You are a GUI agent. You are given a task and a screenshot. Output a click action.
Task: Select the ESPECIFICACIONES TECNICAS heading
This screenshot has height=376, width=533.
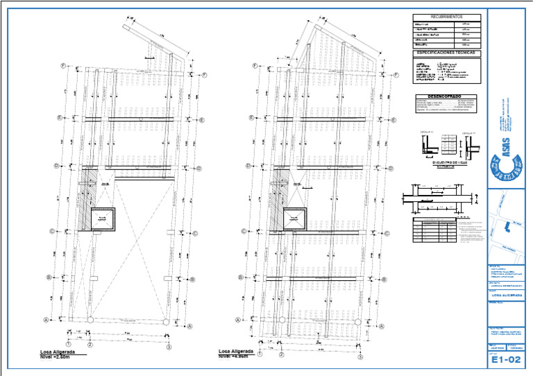(446, 53)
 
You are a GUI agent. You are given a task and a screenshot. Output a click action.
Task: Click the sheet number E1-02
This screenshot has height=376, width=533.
(505, 359)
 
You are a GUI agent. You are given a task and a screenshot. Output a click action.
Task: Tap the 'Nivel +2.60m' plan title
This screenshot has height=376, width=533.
(58, 358)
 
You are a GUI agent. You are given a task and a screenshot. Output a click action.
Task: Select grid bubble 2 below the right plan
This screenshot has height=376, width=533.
(281, 354)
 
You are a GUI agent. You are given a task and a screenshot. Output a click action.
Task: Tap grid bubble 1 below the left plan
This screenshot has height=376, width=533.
(69, 344)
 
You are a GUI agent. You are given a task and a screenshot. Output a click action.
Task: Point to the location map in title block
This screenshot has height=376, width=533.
(509, 229)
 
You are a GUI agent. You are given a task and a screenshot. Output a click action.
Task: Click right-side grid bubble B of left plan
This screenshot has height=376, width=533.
(192, 280)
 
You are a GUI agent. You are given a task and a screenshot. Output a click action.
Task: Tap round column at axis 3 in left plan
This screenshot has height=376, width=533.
(167, 320)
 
